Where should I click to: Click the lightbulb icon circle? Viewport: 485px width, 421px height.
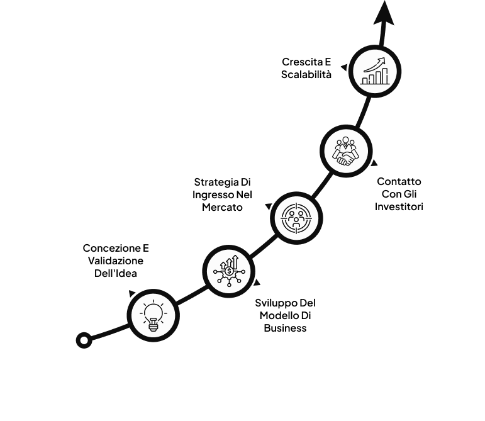point(153,315)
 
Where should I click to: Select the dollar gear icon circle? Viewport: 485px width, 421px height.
point(229,271)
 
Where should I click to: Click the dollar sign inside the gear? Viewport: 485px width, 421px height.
point(229,271)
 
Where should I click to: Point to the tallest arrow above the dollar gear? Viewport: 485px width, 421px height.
point(235,261)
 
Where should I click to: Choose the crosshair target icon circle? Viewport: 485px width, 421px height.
point(296,218)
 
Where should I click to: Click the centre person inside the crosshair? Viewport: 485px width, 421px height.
point(296,220)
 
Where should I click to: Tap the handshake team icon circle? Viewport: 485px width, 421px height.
point(346,151)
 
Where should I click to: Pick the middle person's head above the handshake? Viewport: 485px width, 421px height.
point(345,140)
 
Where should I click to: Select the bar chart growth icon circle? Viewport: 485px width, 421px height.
point(375,71)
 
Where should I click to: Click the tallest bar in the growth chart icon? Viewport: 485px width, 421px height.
point(385,76)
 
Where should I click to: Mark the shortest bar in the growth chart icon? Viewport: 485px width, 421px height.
point(365,81)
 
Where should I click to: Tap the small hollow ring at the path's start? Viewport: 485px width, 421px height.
point(84,340)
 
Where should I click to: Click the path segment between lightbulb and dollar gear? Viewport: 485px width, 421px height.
point(191,295)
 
